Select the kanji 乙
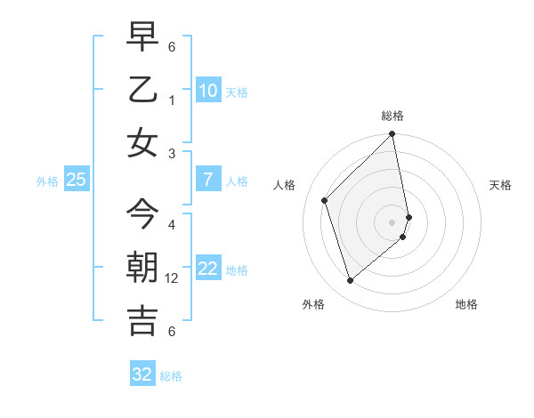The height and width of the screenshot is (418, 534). click(x=142, y=90)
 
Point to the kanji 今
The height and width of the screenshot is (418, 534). click(x=142, y=214)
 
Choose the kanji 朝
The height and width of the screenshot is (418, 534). click(x=142, y=268)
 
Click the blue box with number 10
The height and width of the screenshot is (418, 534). click(x=207, y=90)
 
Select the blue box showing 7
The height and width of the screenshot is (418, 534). click(x=207, y=180)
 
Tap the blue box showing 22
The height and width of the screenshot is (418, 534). click(x=207, y=269)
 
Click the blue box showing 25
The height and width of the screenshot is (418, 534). click(x=76, y=180)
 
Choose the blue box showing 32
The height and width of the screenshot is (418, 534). click(x=142, y=374)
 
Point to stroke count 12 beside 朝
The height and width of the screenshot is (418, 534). click(x=174, y=278)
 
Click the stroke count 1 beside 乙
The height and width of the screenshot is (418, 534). click(x=172, y=100)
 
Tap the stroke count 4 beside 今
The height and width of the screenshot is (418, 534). click(x=172, y=224)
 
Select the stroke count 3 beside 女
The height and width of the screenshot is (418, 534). click(x=172, y=153)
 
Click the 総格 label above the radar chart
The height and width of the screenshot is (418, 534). click(x=392, y=116)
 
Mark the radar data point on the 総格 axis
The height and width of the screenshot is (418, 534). click(x=392, y=135)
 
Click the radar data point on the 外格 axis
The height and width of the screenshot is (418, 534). click(x=350, y=281)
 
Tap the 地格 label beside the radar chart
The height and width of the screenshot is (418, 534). click(x=466, y=304)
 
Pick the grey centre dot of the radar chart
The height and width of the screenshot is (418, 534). click(x=392, y=221)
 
